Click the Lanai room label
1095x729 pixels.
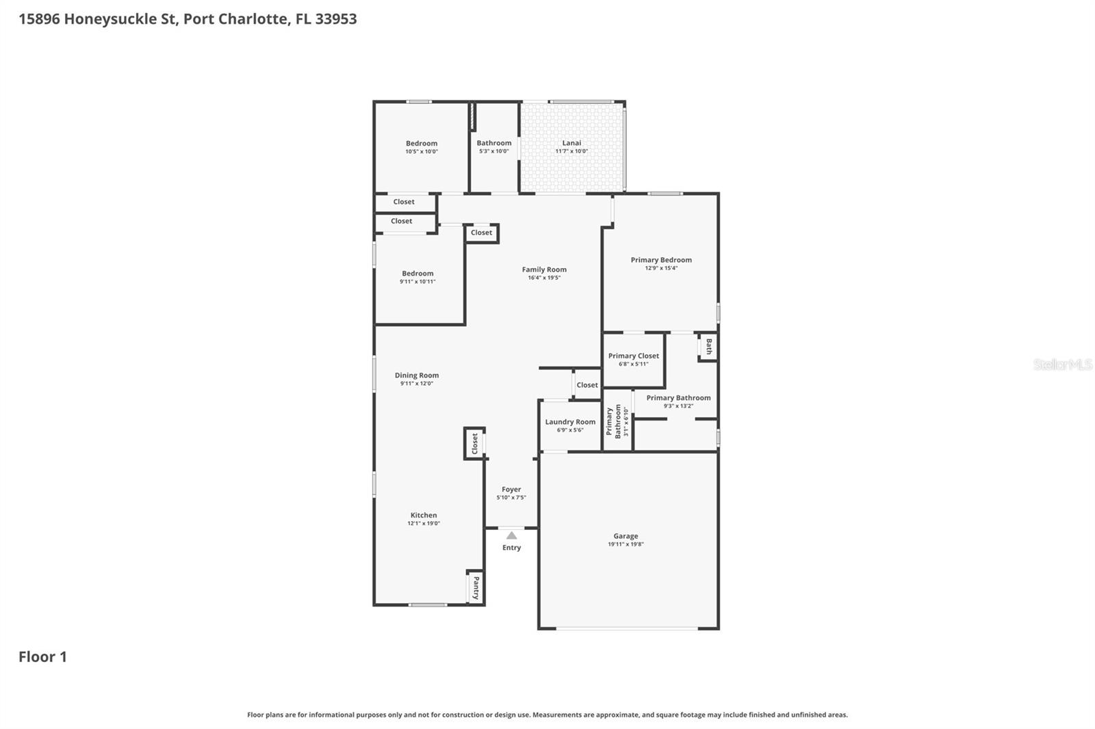pyautogui.click(x=571, y=143)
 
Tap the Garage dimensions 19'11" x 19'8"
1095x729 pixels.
pyautogui.click(x=626, y=544)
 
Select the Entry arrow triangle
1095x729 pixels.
pyautogui.click(x=511, y=535)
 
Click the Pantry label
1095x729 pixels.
pyautogui.click(x=476, y=587)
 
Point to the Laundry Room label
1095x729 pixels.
pyautogui.click(x=570, y=422)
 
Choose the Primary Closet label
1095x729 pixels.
pyautogui.click(x=634, y=356)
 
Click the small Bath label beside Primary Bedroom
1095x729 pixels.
pyautogui.click(x=708, y=347)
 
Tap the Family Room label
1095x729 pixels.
pyautogui.click(x=544, y=269)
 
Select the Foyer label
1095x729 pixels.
pyautogui.click(x=511, y=490)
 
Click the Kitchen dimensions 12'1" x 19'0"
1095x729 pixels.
pyautogui.click(x=424, y=523)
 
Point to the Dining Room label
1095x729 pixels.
pyautogui.click(x=417, y=375)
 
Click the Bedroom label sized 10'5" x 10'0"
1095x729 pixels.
pyautogui.click(x=422, y=144)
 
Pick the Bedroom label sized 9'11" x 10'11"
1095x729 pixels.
pyautogui.click(x=417, y=274)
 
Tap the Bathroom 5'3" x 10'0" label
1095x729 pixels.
pyautogui.click(x=494, y=143)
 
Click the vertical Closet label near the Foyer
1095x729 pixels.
pyautogui.click(x=475, y=444)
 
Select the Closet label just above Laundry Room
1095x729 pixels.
pyautogui.click(x=587, y=385)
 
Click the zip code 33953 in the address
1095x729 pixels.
pyautogui.click(x=336, y=19)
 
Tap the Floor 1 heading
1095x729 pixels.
pyautogui.click(x=42, y=657)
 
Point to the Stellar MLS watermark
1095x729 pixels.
pyautogui.click(x=1062, y=364)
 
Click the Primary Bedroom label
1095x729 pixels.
pyautogui.click(x=661, y=260)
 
